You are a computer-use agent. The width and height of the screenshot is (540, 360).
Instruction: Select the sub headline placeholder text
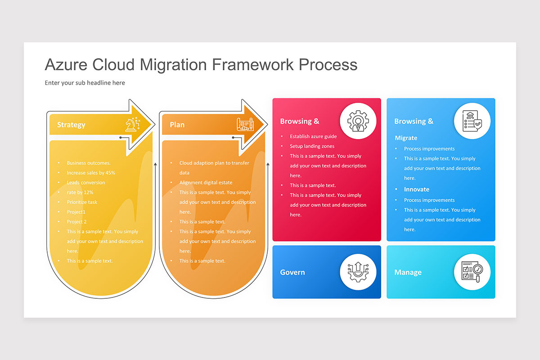pyautogui.click(x=85, y=83)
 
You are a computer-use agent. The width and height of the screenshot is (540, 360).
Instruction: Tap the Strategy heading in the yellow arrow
pyautogui.click(x=71, y=125)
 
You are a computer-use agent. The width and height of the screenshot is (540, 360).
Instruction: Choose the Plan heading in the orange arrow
pyautogui.click(x=177, y=125)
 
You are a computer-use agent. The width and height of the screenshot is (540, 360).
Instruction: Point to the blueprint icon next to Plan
pyautogui.click(x=245, y=124)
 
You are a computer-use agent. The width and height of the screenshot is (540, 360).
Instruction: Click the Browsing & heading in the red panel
pyautogui.click(x=299, y=121)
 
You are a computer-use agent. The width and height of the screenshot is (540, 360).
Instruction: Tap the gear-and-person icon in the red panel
pyautogui.click(x=358, y=121)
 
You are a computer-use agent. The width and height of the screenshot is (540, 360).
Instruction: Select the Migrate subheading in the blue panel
pyautogui.click(x=406, y=138)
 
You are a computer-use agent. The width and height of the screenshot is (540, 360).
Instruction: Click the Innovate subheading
pyautogui.click(x=416, y=189)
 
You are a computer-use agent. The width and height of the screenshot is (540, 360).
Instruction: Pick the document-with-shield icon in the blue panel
pyautogui.click(x=472, y=121)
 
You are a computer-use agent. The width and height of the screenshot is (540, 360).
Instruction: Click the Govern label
pyautogui.click(x=292, y=272)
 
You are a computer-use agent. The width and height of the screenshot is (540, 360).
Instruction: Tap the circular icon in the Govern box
pyautogui.click(x=358, y=272)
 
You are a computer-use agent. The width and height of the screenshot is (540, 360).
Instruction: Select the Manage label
pyautogui.click(x=408, y=272)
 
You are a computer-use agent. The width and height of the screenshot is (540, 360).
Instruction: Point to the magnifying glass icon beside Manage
pyautogui.click(x=472, y=272)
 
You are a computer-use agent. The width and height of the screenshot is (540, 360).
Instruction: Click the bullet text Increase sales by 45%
pyautogui.click(x=91, y=173)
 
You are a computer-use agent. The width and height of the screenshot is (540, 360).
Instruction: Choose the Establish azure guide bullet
pyautogui.click(x=313, y=136)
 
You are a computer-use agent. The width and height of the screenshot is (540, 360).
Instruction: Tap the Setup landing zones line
pyautogui.click(x=312, y=146)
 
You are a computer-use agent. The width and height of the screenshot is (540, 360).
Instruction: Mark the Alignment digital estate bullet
pyautogui.click(x=206, y=183)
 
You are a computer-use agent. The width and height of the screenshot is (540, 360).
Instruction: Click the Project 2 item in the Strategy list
pyautogui.click(x=76, y=222)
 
